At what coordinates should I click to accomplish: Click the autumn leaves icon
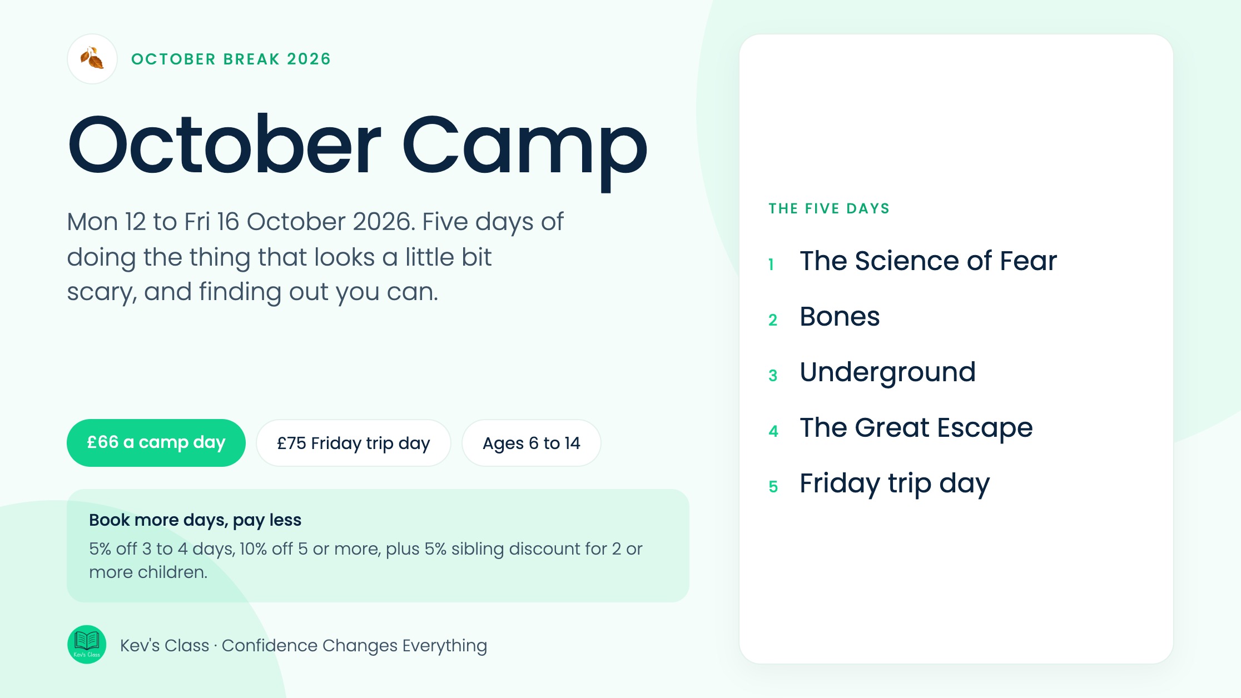pos(92,59)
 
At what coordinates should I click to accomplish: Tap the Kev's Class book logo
pos(87,645)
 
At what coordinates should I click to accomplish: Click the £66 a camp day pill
pos(156,443)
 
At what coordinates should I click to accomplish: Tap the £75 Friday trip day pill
pos(354,443)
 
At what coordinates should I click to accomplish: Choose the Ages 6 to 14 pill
pos(532,443)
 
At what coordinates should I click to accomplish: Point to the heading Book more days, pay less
pos(195,520)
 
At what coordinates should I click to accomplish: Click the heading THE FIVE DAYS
pos(829,208)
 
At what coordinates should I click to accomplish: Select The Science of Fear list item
pos(928,261)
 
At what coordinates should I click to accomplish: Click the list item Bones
pos(840,316)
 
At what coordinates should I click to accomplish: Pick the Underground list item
pos(887,372)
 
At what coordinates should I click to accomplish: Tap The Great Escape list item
pos(916,428)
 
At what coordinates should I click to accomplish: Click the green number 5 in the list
pos(773,487)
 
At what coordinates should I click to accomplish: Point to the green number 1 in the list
pos(771,265)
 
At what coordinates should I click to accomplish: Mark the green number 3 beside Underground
pos(773,376)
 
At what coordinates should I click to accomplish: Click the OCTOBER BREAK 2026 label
pos(231,59)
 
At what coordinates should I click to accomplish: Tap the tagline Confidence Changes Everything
pos(354,646)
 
